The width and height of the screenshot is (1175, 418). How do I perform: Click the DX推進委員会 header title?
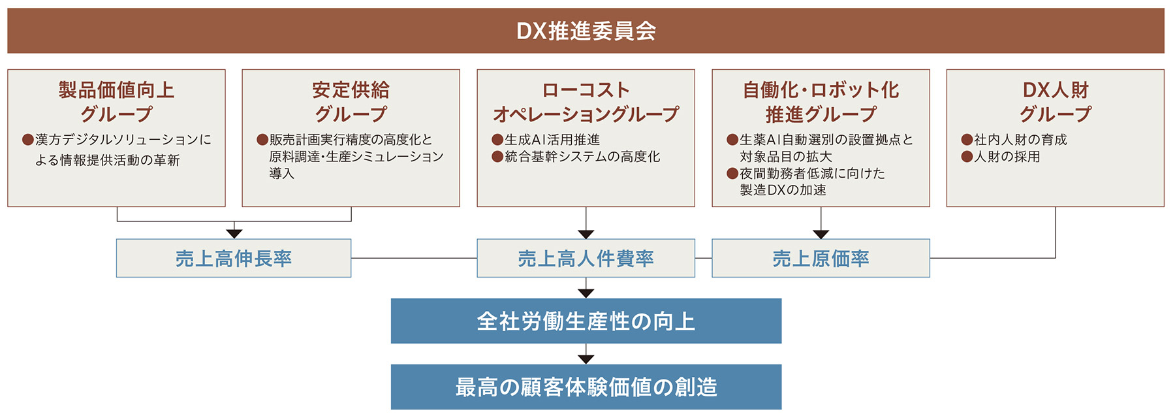(586, 31)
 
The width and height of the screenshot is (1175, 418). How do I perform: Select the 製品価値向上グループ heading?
(116, 102)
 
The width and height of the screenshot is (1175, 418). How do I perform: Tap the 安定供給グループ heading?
(351, 102)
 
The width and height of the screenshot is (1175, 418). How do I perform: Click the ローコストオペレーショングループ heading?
(586, 102)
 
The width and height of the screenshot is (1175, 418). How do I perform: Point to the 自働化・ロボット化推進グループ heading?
(821, 102)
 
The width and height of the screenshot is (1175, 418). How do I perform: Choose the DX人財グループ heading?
(1055, 102)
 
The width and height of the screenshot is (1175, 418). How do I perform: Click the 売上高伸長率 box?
(234, 259)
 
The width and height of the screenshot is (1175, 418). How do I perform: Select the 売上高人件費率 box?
(586, 259)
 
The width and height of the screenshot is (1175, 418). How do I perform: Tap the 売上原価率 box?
(821, 259)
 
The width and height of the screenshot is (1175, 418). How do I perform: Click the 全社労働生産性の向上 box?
(586, 321)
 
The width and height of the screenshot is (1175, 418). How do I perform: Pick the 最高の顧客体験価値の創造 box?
(586, 387)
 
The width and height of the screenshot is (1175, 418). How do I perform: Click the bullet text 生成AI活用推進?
(552, 140)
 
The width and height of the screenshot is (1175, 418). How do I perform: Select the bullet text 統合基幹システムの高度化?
(582, 157)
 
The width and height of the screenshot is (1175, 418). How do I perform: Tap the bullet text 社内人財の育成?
(1020, 140)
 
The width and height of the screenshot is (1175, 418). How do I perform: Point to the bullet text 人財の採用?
(1007, 157)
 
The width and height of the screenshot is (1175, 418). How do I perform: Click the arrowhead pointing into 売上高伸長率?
(234, 234)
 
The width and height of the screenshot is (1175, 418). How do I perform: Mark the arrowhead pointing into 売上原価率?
(821, 234)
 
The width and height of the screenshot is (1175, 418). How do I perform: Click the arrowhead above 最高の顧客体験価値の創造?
(586, 359)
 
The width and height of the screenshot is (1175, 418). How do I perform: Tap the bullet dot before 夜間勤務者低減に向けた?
(732, 174)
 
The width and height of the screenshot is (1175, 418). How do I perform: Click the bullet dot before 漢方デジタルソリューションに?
(27, 140)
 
